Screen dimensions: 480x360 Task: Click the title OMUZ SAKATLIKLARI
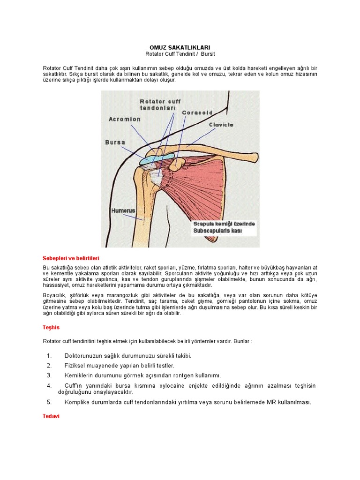click(180, 47)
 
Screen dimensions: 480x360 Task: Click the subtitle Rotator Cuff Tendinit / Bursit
click(180, 54)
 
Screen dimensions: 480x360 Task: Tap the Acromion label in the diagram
click(124, 119)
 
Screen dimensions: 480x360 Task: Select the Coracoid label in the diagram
click(197, 112)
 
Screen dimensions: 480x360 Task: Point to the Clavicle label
click(221, 125)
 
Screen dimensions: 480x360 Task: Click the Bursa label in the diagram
click(115, 142)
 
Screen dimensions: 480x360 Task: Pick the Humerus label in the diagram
click(123, 211)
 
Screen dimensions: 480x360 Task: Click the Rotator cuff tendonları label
click(160, 105)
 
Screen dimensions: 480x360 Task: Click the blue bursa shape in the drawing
click(156, 157)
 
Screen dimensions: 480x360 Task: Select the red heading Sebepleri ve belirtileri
click(71, 258)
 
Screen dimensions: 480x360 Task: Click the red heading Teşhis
click(51, 327)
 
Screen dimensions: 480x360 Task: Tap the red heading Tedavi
click(51, 416)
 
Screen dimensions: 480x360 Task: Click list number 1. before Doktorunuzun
click(50, 356)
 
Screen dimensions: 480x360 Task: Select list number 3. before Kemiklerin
click(49, 375)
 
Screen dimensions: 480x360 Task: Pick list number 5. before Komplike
click(49, 402)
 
